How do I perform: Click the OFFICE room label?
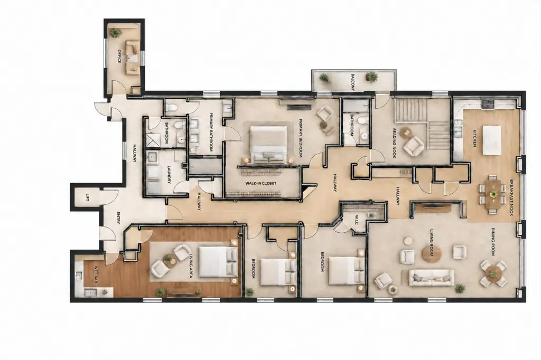coord(119,56)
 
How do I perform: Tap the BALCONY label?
coord(352,82)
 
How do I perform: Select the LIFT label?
coord(87,197)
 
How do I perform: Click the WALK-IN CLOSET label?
coord(261,184)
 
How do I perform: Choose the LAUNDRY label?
coord(169,175)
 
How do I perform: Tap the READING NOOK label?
coord(395,143)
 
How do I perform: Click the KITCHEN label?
coord(474,138)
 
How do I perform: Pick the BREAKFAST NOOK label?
coord(511,197)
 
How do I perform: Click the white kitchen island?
coord(492,140)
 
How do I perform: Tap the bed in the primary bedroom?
coord(268,145)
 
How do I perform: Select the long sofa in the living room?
coord(431,278)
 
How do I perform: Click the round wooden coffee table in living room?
coord(432,254)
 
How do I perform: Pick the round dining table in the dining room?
coord(493,273)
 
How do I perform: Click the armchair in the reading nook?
coord(414,146)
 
